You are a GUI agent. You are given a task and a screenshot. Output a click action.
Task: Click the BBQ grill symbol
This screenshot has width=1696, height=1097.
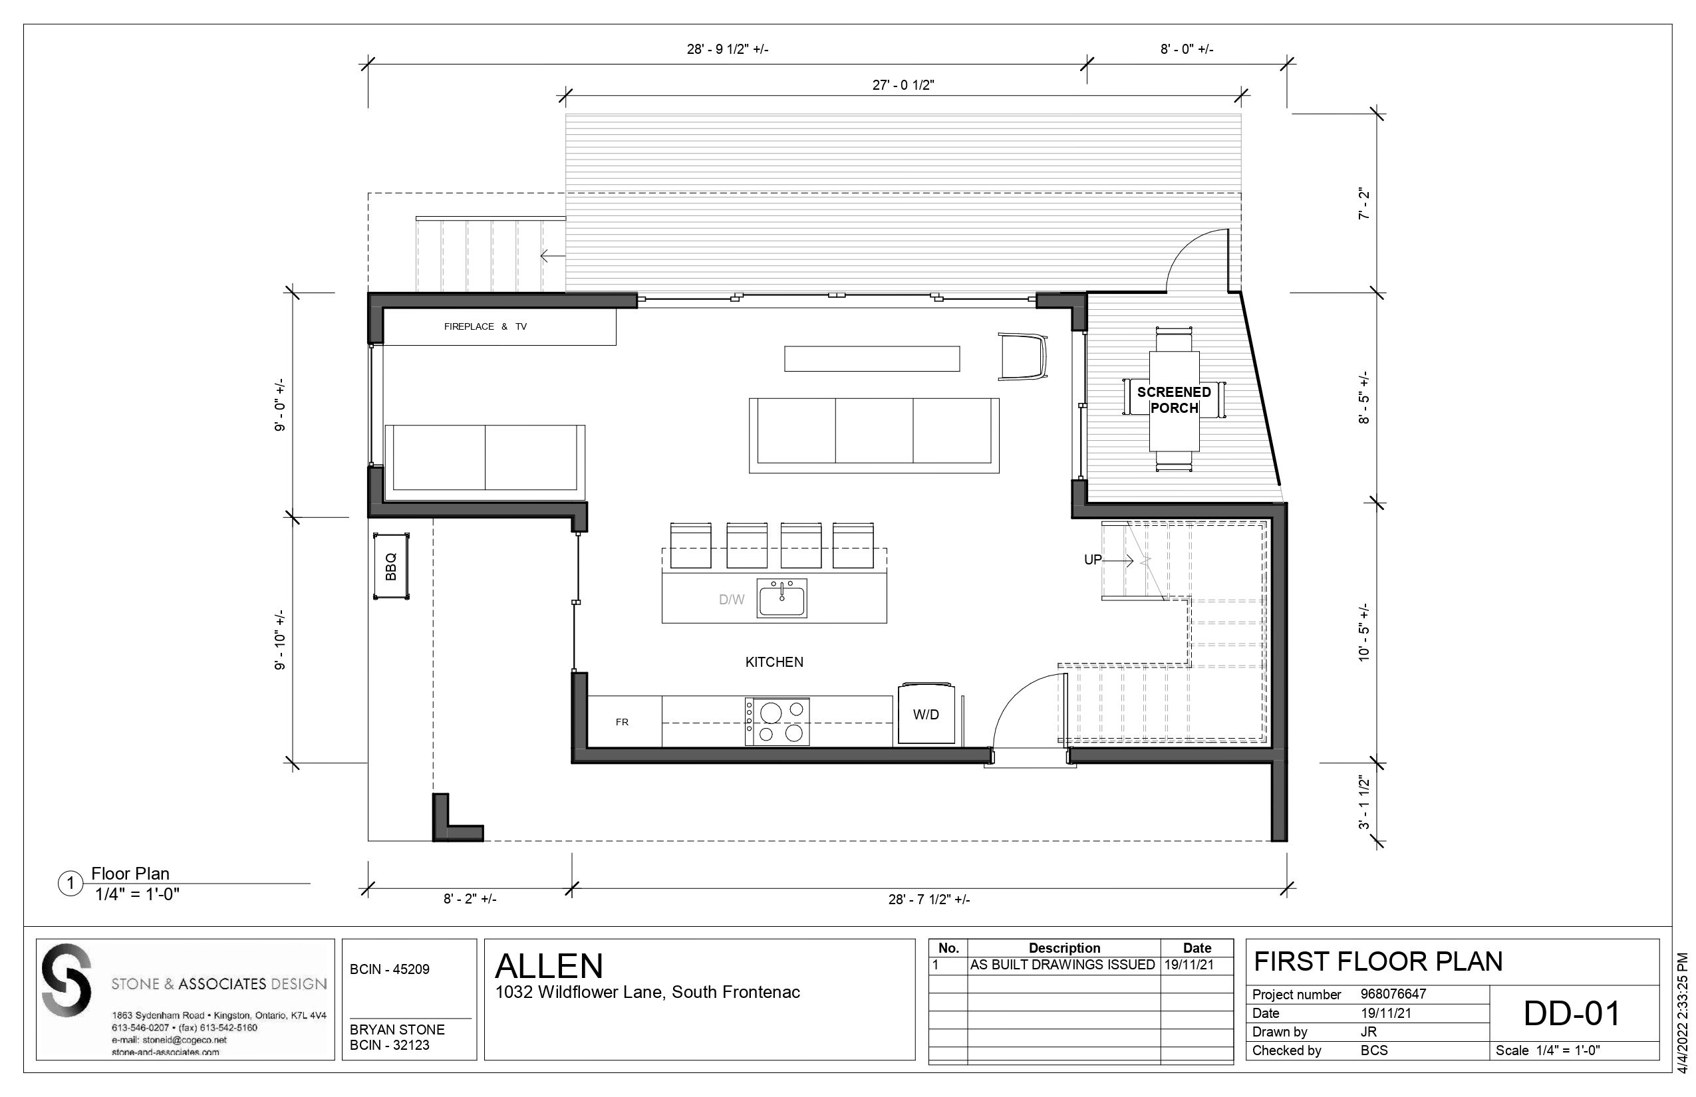[391, 566]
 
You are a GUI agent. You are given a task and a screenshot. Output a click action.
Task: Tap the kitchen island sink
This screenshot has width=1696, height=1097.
[781, 598]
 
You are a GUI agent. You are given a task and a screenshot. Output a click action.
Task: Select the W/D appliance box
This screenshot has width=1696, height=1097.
[926, 714]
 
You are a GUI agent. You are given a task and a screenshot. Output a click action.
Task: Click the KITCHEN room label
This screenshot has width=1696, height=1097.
[774, 662]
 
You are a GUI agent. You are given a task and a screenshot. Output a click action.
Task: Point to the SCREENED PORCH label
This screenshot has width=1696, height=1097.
[1174, 400]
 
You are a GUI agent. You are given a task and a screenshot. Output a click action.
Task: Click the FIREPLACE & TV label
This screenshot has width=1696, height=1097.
[486, 326]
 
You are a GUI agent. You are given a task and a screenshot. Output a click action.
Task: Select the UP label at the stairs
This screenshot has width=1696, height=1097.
[1092, 560]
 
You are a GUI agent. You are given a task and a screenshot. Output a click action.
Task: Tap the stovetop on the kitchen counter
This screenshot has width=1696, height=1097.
[777, 721]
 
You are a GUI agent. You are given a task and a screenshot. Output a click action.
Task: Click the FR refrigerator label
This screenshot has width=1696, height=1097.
[622, 721]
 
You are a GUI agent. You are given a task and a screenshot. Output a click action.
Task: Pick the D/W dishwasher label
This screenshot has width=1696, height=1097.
[731, 600]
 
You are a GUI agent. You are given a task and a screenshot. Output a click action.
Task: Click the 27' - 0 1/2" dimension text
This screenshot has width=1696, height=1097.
[903, 85]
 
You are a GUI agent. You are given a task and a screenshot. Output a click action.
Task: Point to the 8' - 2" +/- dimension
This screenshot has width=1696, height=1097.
[470, 899]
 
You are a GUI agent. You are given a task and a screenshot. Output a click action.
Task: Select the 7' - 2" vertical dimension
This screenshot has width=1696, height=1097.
[1364, 203]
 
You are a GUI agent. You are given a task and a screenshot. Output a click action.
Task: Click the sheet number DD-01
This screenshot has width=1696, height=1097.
[1571, 1014]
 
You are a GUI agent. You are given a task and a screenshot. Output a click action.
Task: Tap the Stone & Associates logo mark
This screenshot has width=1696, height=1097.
[67, 980]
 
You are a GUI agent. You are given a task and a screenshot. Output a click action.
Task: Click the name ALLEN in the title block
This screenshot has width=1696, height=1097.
[549, 966]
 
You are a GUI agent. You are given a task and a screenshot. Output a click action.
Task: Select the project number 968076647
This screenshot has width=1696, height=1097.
[1393, 995]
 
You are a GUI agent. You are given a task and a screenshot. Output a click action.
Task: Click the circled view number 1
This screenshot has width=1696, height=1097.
[70, 885]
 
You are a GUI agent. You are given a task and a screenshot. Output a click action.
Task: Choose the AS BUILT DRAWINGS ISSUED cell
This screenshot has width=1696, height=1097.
[1061, 965]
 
